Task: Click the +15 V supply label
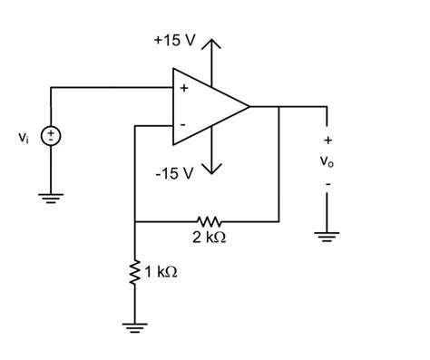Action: [173, 43]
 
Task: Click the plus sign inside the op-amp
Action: [183, 89]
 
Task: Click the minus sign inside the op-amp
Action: [183, 123]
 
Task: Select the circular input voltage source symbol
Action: [52, 137]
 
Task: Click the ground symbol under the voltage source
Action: [52, 197]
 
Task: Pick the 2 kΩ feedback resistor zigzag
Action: [208, 220]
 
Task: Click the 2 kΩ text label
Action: [208, 238]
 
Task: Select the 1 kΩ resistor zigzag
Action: [134, 271]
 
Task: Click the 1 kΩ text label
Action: [161, 271]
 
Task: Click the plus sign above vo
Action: [327, 141]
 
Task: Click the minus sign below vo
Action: [327, 186]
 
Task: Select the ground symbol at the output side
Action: [327, 237]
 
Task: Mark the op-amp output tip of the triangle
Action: [249, 106]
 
